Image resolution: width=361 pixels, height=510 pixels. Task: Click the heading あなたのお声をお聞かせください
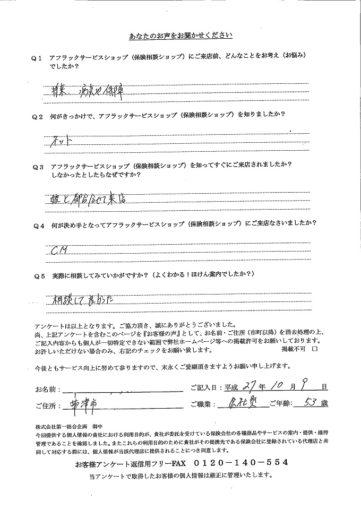(180, 36)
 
